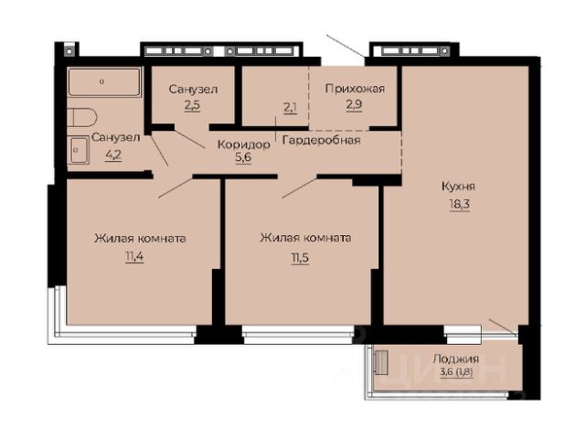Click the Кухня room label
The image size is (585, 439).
click(458, 187)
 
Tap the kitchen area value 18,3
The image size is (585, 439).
click(459, 205)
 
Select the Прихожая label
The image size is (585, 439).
click(355, 89)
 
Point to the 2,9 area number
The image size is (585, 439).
click(354, 104)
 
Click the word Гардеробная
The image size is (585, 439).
click(322, 140)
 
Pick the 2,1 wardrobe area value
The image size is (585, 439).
click(291, 108)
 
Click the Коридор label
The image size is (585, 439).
click(243, 145)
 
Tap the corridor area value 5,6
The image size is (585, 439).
click(243, 157)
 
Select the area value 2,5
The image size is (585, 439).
click(192, 105)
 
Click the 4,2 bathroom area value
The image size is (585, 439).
click(113, 155)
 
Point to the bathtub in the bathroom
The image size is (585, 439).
click(104, 81)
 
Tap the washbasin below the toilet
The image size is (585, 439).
click(80, 150)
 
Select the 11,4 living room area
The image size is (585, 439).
click(134, 257)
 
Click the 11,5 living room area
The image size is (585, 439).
click(300, 258)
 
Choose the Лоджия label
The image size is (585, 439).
click(455, 359)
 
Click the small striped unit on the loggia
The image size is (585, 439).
click(381, 362)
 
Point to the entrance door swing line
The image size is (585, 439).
click(346, 46)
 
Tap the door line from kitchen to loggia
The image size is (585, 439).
click(503, 326)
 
